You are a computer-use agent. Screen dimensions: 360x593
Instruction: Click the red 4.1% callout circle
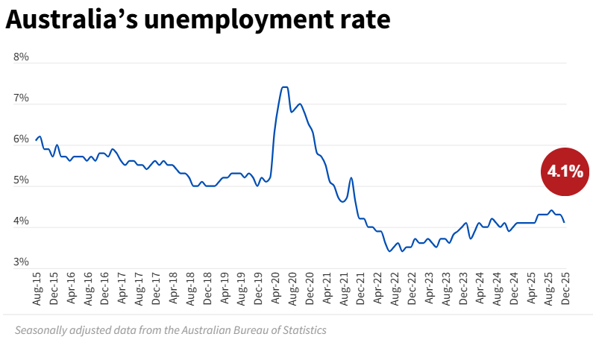[565, 171]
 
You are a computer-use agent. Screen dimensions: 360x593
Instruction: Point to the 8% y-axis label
[21, 57]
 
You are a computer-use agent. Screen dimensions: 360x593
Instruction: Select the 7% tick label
[21, 98]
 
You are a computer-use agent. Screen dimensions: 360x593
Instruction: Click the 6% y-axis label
[21, 139]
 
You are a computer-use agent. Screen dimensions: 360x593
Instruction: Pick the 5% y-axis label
[21, 180]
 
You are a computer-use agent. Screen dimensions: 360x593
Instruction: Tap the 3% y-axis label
[21, 262]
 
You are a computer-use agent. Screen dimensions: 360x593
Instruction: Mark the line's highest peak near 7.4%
[284, 87]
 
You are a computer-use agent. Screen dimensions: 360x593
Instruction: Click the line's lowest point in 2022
[389, 251]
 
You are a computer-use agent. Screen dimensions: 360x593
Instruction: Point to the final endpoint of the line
[564, 222]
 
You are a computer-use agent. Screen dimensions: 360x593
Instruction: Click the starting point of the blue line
[36, 140]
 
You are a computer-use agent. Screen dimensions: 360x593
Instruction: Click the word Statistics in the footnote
[302, 329]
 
